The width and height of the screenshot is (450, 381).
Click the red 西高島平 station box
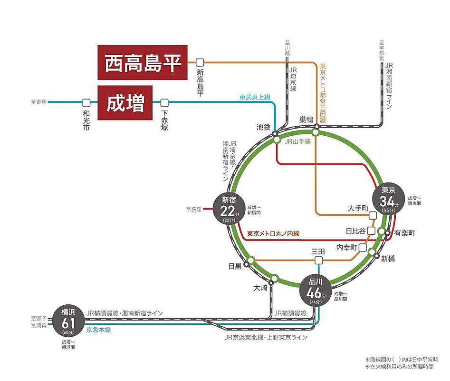(x=143, y=62)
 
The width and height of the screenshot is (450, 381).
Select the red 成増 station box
(x=125, y=102)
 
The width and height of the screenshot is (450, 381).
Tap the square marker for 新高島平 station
(x=200, y=62)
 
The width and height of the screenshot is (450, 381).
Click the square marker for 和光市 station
(x=86, y=102)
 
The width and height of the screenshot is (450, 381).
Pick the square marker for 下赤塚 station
(x=164, y=102)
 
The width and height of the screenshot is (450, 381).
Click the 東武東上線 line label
(x=255, y=97)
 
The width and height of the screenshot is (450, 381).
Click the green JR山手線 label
(x=297, y=141)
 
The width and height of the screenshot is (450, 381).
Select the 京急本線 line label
(x=98, y=330)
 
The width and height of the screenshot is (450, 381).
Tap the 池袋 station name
(x=263, y=127)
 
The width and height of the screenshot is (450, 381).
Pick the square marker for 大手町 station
(x=373, y=215)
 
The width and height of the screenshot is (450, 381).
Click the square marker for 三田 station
(x=318, y=260)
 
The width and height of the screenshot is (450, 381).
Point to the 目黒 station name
(x=235, y=266)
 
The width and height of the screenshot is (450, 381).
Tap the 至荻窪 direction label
(x=194, y=209)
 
